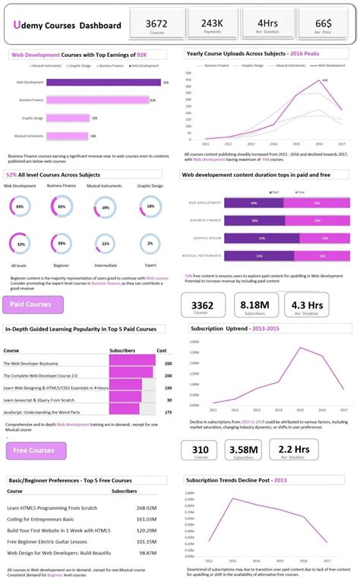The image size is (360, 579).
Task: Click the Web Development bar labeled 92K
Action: (x=103, y=82)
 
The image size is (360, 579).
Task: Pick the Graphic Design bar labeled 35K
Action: (x=68, y=118)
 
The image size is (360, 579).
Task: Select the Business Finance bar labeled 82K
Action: (x=98, y=100)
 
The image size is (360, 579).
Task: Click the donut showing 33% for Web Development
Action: (x=20, y=207)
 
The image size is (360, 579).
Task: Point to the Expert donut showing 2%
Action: (x=150, y=244)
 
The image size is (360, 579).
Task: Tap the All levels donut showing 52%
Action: (x=21, y=244)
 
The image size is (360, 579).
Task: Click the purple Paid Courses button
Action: (x=33, y=305)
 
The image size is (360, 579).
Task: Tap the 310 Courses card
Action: (x=200, y=451)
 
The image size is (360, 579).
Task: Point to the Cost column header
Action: (x=161, y=351)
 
